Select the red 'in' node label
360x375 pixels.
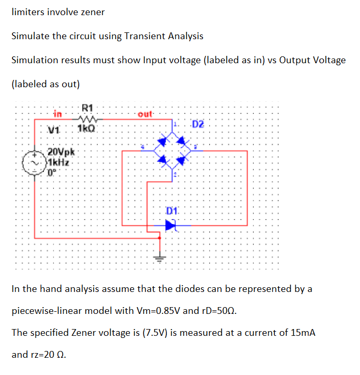[x=58, y=113]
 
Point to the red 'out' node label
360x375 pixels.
[x=145, y=113]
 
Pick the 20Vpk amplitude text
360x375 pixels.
[x=62, y=153]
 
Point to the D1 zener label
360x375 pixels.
[x=173, y=211]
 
